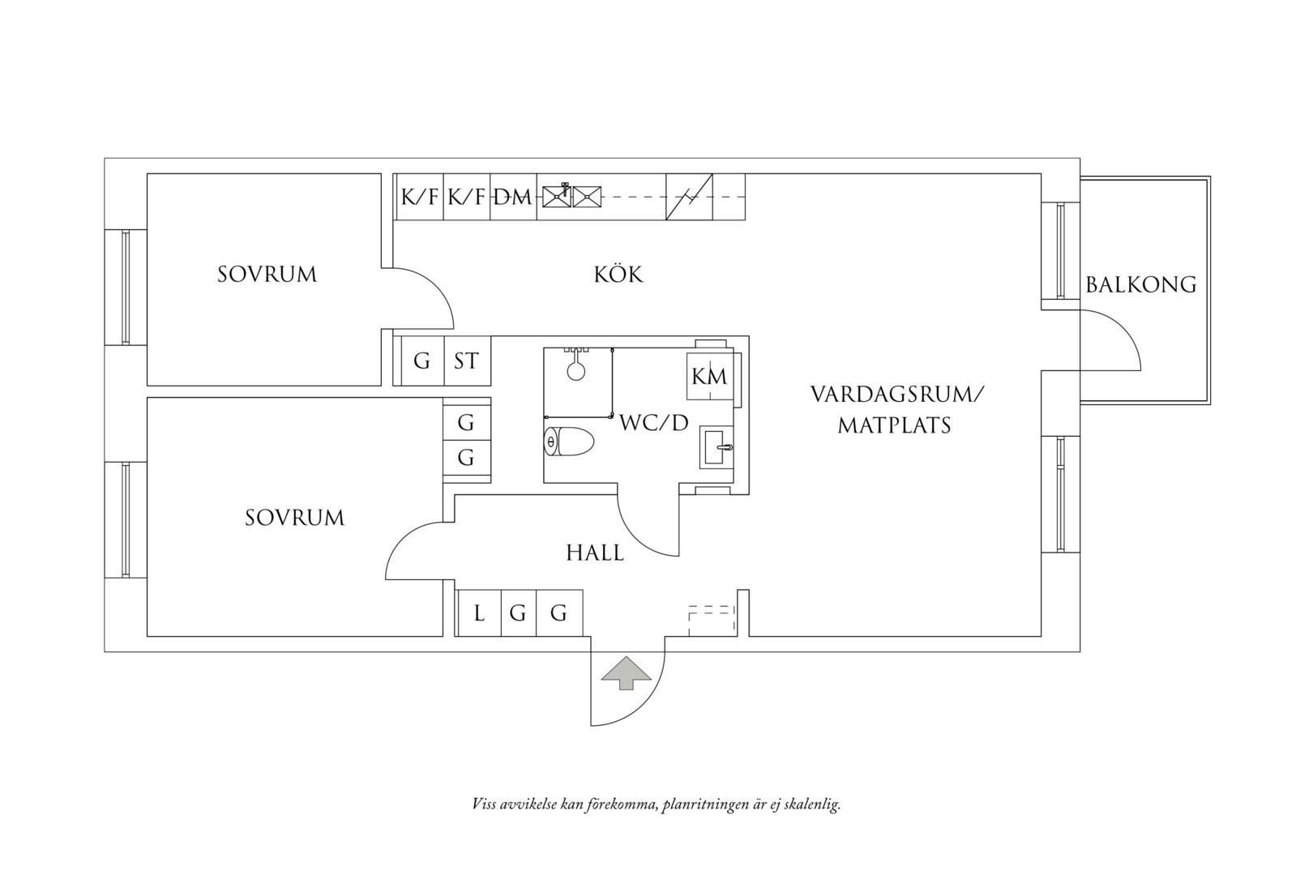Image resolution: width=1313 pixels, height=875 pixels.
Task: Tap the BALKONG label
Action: point(1140,285)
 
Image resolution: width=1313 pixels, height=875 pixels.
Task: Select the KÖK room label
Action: point(618,274)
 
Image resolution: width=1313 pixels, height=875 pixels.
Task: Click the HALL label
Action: point(595,553)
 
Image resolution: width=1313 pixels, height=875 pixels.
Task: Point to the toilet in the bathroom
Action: point(569,442)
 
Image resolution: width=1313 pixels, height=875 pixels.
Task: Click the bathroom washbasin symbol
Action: point(716,447)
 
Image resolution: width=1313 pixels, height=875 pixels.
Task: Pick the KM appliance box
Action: point(710,376)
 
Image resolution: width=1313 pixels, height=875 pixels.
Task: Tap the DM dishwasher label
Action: point(512,198)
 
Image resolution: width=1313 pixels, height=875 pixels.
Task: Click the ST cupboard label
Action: point(467,361)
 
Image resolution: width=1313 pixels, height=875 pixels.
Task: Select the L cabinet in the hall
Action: point(479,613)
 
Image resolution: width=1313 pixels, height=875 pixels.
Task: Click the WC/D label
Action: point(653,423)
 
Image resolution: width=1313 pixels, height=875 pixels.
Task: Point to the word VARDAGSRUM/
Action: point(898,395)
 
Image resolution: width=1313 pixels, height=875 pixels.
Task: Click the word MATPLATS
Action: point(895,425)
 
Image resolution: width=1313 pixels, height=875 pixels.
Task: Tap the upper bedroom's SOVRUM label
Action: point(267,275)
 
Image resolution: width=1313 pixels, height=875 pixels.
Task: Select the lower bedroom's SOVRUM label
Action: point(295,518)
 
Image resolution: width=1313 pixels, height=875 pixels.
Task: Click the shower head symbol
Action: point(576,369)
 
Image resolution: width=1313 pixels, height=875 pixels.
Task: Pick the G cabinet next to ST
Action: point(422,361)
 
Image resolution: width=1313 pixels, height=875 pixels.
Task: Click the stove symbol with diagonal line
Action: point(689,197)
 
